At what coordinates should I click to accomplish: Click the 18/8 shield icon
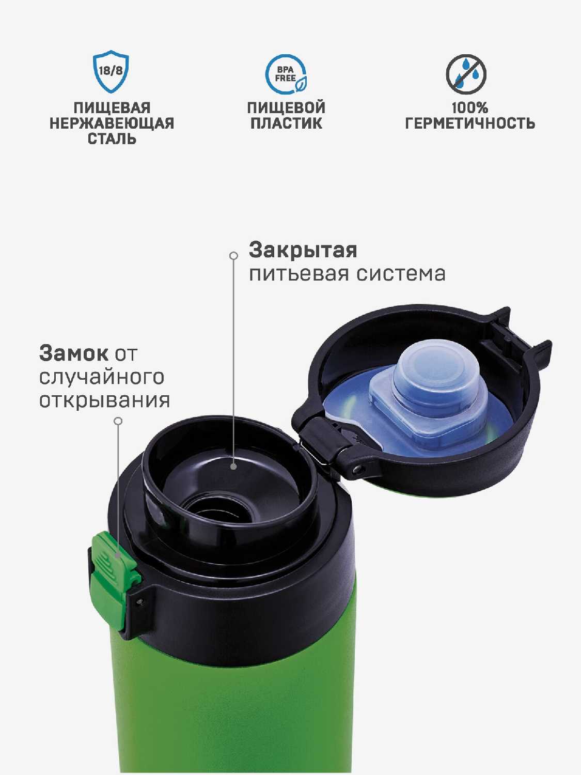(x=111, y=72)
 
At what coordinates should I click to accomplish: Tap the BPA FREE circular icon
(x=286, y=74)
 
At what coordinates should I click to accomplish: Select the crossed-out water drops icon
(x=466, y=74)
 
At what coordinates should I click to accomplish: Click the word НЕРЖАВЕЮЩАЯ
(x=112, y=123)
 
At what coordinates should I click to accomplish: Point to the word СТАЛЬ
(x=112, y=139)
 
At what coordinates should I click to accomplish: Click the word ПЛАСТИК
(x=286, y=123)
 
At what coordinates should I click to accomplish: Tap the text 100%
(x=470, y=108)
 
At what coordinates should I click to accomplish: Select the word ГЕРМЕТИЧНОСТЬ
(x=470, y=123)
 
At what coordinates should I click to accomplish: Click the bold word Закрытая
(x=303, y=251)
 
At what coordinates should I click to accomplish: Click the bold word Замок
(x=73, y=353)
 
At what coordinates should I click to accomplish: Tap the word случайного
(x=102, y=378)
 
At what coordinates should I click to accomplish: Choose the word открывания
(x=104, y=401)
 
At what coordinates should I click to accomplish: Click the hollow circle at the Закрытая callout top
(x=233, y=256)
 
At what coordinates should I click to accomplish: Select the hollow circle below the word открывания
(x=119, y=421)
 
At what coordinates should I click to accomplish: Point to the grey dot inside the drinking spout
(x=233, y=467)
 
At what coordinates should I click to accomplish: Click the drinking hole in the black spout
(x=221, y=509)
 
